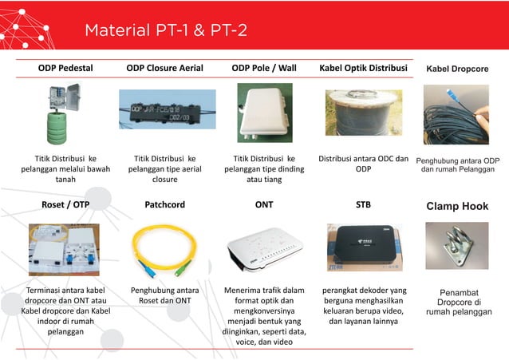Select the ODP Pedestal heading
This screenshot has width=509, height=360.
65,69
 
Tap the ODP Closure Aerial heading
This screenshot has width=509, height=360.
164,69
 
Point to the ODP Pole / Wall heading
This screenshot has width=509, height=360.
264,69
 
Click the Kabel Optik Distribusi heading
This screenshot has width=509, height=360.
363,69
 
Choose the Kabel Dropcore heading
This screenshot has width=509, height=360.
457,69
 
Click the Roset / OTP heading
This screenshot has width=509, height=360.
65,205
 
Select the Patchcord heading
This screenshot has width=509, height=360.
164,205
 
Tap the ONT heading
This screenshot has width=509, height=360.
264,205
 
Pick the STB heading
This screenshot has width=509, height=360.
363,205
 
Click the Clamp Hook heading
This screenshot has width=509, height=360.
457,206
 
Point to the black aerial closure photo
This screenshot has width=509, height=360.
164,110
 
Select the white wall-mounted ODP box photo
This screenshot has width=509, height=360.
264,113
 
